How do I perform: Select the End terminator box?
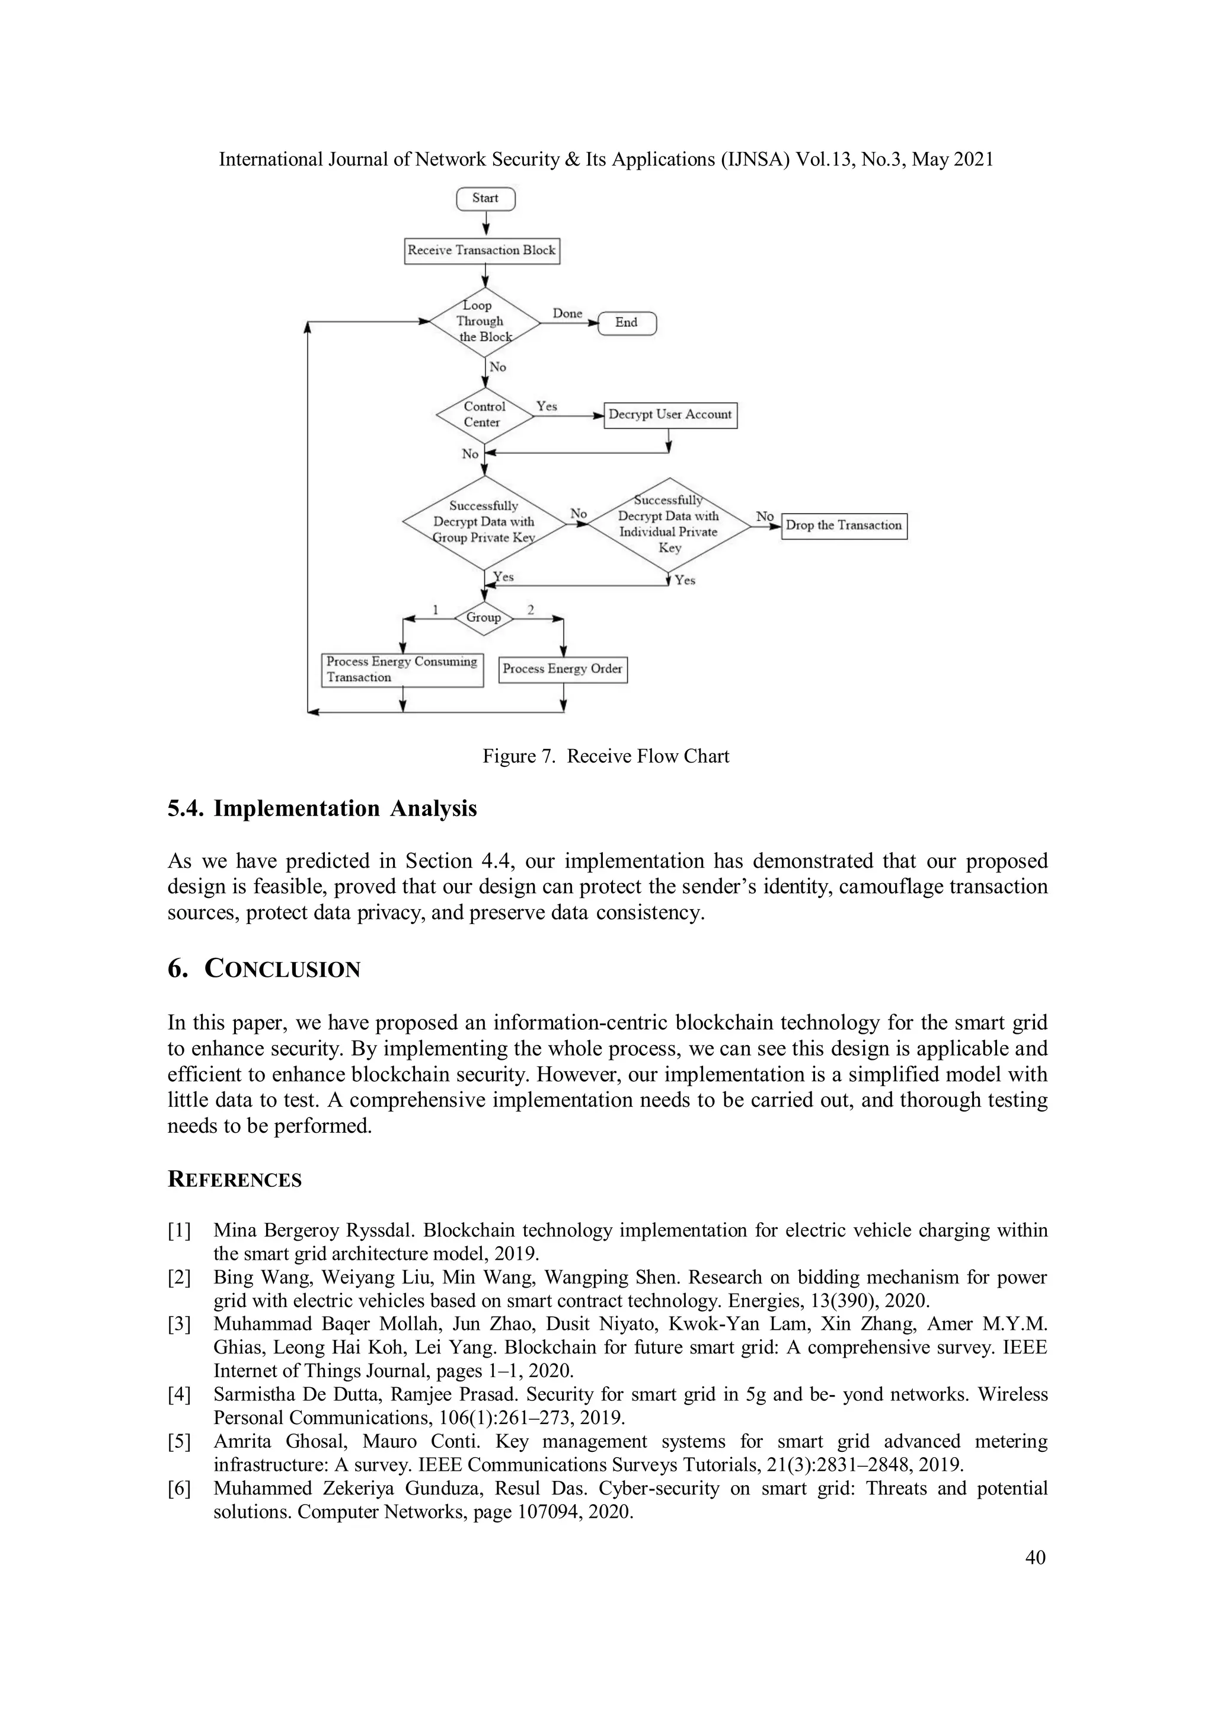627,323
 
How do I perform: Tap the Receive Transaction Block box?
481,250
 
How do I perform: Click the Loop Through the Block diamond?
484,322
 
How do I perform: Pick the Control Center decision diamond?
484,415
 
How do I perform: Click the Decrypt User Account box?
670,415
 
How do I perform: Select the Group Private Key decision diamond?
484,522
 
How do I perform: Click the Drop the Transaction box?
844,525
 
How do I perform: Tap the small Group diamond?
484,617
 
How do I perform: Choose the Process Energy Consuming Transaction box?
402,670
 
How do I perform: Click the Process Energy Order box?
562,669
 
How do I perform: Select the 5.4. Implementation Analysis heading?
322,809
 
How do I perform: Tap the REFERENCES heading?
234,1180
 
